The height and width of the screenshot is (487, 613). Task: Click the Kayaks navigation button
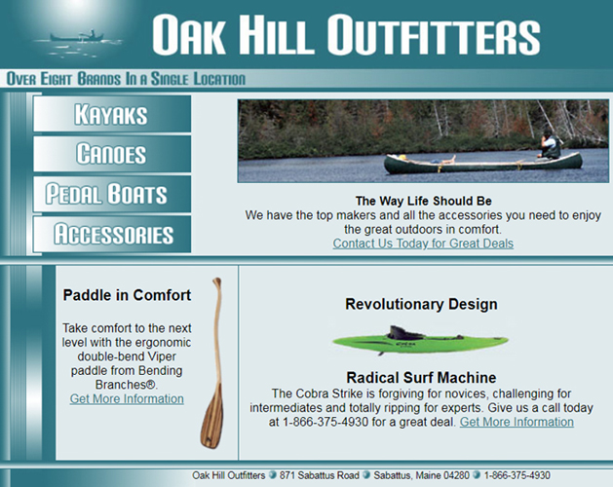click(x=111, y=114)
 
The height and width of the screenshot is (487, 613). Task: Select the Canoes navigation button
click(x=111, y=154)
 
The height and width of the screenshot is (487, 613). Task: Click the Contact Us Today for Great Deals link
click(x=423, y=243)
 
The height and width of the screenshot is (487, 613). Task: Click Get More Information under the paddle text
click(x=127, y=398)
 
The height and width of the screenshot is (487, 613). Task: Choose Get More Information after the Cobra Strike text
click(x=517, y=422)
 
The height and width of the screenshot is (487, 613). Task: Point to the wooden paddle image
click(x=211, y=361)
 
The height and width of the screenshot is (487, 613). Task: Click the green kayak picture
click(x=420, y=341)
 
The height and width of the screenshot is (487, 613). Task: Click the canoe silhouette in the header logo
click(x=77, y=39)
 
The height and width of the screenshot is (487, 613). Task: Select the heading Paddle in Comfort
click(x=127, y=295)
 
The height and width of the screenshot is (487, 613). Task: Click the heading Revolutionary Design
click(x=421, y=304)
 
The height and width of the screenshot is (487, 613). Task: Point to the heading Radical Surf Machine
click(x=421, y=377)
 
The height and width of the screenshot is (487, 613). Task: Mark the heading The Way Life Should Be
click(x=423, y=202)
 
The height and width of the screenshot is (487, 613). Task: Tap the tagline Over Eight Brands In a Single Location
click(x=126, y=79)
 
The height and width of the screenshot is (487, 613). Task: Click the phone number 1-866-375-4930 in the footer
click(x=523, y=475)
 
